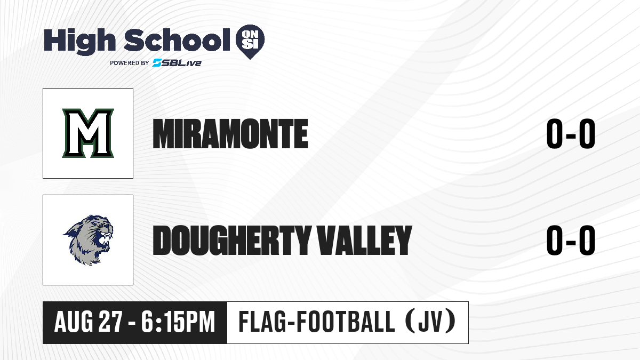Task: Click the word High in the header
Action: click(80, 42)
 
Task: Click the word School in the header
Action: click(177, 40)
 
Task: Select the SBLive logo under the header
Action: click(177, 63)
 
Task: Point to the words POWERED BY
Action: click(130, 63)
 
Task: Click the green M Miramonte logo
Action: click(88, 133)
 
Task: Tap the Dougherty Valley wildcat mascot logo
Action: click(88, 240)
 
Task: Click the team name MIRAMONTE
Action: click(230, 134)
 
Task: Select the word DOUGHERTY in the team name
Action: click(232, 241)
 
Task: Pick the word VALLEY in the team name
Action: click(365, 241)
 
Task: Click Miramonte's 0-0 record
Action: click(571, 134)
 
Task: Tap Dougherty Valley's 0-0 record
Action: click(571, 241)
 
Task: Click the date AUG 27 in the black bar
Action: click(89, 322)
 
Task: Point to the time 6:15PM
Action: click(178, 322)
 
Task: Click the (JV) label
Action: click(431, 322)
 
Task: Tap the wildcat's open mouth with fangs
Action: click(105, 241)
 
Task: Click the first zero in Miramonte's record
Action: click(555, 134)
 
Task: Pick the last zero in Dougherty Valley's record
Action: click(587, 241)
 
